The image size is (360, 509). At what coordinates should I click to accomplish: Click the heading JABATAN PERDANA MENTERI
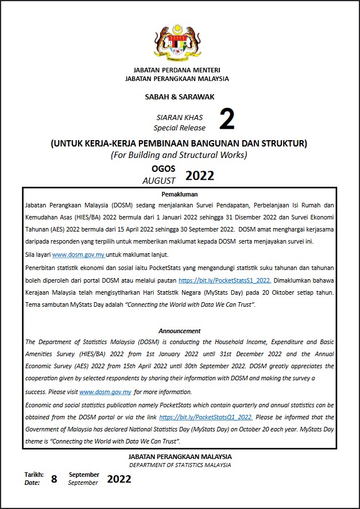(x=180, y=70)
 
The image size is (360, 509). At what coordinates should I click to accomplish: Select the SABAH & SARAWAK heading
(x=180, y=97)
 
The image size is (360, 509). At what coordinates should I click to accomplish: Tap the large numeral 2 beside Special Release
(x=227, y=121)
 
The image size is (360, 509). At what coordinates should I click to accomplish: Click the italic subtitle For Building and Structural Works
(x=179, y=155)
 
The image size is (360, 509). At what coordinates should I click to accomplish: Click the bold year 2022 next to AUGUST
(x=200, y=176)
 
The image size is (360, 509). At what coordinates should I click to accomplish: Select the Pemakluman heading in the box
(x=179, y=194)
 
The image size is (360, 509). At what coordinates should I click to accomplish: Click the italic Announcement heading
(x=180, y=331)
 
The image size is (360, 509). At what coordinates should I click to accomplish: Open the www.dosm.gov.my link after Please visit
(x=105, y=392)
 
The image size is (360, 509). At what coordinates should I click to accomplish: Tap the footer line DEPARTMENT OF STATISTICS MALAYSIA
(x=180, y=465)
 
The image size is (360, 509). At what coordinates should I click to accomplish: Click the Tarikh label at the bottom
(x=34, y=475)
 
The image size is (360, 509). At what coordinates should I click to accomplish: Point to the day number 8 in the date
(x=54, y=479)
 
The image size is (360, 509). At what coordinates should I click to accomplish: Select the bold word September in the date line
(x=84, y=475)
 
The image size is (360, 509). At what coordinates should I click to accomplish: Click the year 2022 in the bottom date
(x=119, y=479)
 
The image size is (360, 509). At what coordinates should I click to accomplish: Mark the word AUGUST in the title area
(x=159, y=180)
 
